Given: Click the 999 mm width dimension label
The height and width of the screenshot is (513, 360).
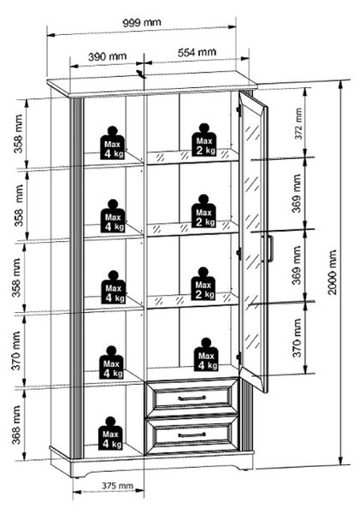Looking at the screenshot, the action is pos(142,22).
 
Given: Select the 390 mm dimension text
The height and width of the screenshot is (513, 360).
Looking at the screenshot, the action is pos(107,56).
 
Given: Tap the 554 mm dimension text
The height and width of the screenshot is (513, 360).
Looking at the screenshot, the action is pos(197,52).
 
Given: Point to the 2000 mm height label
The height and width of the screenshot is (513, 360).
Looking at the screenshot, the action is pos(332,272).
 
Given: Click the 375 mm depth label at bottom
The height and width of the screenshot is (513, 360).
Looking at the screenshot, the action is pos(117,486).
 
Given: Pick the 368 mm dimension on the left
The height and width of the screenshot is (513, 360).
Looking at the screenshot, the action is pos(16,425).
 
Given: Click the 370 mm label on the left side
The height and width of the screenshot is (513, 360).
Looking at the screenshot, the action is pos(16,351).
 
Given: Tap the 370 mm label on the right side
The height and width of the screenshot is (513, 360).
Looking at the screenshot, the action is pos(297,338).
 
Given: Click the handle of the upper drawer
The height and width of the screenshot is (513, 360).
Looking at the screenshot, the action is pos(192,398).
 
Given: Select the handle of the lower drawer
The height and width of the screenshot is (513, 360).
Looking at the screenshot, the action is pos(192,435).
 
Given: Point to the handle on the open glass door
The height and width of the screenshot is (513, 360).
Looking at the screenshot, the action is pos(270,248).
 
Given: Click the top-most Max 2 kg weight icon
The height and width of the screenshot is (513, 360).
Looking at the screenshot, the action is pos(204,139).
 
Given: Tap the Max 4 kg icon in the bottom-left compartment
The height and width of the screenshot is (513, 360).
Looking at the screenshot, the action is pos(110,433).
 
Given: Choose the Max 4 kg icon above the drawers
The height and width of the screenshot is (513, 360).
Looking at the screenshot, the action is pos(206,355).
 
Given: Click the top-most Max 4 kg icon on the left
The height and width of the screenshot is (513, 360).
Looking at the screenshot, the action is pos(112,143).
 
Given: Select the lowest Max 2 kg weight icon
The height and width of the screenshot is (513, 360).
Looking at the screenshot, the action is pos(204,284).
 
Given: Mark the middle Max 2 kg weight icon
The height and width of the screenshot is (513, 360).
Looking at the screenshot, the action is pos(204,211).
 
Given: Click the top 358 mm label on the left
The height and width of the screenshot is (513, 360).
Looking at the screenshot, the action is pos(18,133).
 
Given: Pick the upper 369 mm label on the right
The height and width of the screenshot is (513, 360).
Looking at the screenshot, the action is pos(297,193).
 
